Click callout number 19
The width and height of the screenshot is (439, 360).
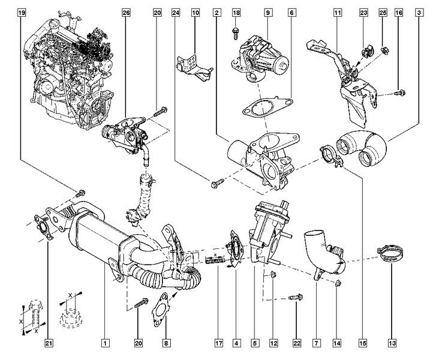pos(22,12)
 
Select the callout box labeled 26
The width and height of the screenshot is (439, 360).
pos(126,12)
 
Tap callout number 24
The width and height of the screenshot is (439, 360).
pos(175,12)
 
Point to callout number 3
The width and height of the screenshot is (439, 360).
pos(417,12)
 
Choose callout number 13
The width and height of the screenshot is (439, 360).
pos(392,344)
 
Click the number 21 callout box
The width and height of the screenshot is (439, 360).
pos(49,344)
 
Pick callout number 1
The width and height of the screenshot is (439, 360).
pos(105,344)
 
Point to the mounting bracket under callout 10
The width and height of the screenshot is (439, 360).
pos(193,64)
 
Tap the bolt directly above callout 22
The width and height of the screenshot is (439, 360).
pos(296,296)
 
